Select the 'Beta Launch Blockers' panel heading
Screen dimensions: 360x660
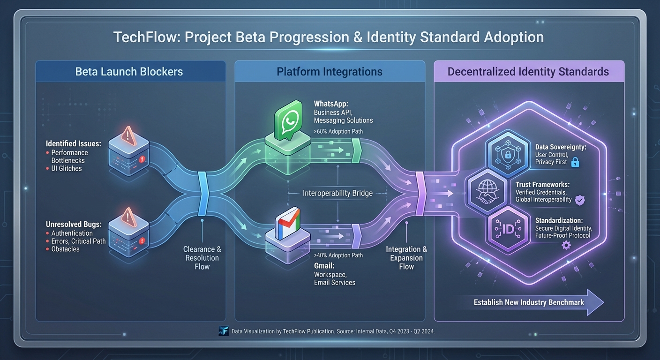[129, 72]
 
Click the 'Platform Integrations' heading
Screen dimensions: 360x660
[329, 72]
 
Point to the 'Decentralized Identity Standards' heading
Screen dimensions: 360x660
[528, 72]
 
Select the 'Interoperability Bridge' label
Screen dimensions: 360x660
[337, 193]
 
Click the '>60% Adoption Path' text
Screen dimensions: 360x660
[338, 131]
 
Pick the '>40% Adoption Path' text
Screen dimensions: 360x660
[338, 255]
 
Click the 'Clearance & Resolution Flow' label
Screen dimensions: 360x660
[202, 258]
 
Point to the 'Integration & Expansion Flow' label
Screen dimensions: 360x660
[406, 258]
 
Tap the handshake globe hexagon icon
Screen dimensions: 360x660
[485, 193]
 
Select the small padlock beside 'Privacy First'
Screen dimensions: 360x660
[575, 162]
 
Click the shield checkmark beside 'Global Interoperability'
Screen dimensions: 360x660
[580, 200]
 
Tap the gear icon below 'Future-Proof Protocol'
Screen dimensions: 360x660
[566, 245]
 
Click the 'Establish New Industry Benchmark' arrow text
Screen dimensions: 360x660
[529, 302]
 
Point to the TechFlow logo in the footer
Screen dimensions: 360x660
[224, 331]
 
